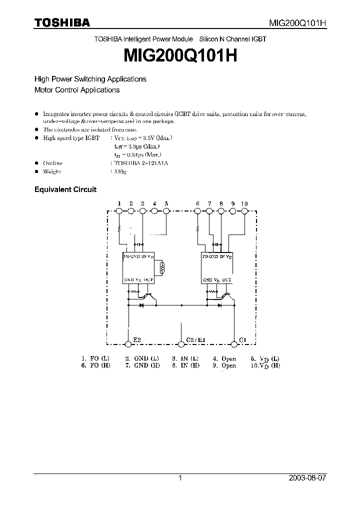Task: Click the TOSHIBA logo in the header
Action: click(62, 22)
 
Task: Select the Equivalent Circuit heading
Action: click(65, 189)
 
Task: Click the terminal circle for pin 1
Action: click(119, 211)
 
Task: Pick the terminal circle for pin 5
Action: click(166, 211)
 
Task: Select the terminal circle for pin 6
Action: click(197, 211)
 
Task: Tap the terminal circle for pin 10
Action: click(244, 211)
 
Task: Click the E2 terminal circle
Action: click(128, 343)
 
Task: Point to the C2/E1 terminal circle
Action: click(181, 343)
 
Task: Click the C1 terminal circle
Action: click(233, 343)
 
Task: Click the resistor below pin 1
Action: click(119, 229)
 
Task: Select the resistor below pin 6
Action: click(197, 229)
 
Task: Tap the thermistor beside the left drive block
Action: click(161, 268)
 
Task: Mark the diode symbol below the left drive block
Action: click(141, 304)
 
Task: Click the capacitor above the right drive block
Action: click(216, 244)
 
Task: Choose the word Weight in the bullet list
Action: click(52, 171)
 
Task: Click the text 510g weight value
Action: click(118, 171)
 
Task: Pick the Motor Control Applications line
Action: click(77, 90)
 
